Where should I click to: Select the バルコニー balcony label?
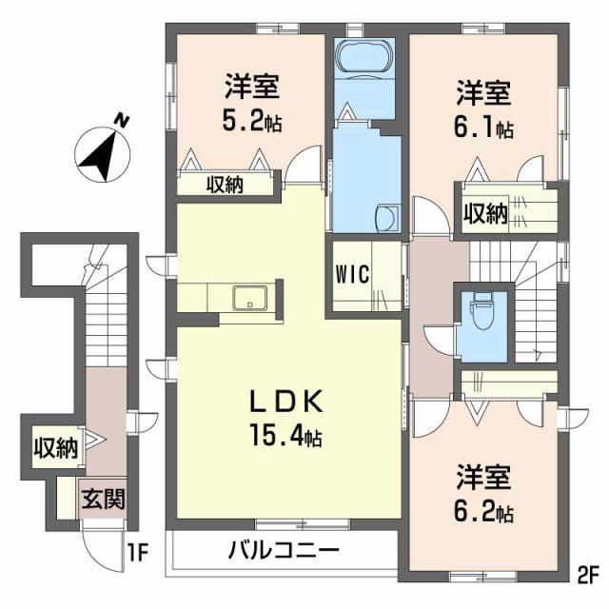(284, 551)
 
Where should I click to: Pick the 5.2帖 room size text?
(252, 122)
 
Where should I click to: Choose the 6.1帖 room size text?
(484, 128)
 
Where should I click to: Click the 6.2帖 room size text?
(484, 513)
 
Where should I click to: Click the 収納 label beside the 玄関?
(56, 448)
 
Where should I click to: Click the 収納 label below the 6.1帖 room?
(484, 213)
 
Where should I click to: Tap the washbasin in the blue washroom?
(387, 218)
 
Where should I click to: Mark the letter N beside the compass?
(120, 119)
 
